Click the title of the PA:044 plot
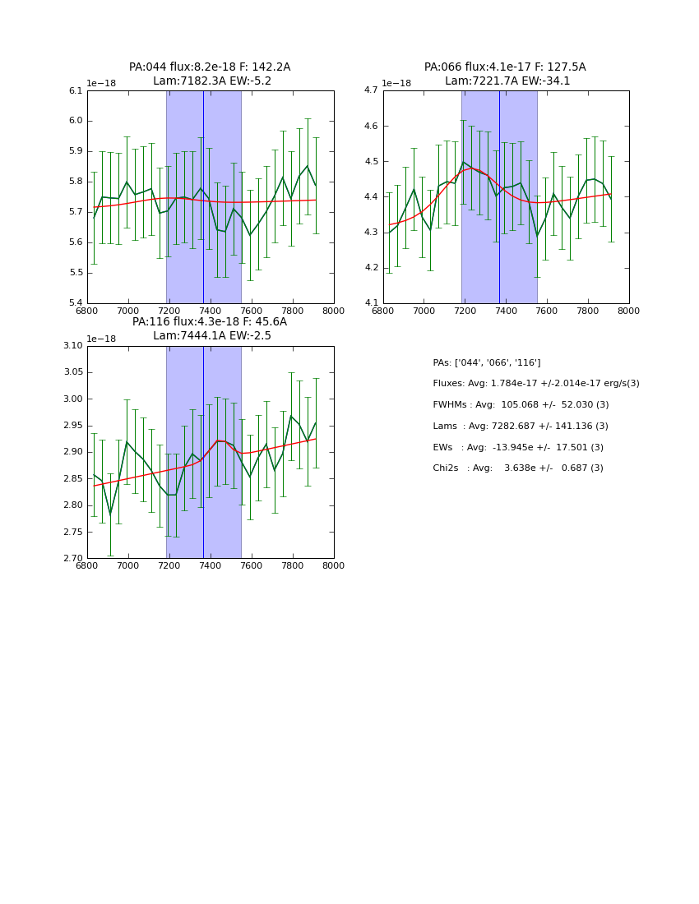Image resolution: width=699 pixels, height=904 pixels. pos(210,74)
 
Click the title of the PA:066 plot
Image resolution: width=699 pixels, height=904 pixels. pos(505,74)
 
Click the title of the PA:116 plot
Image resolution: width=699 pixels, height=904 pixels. pos(210,329)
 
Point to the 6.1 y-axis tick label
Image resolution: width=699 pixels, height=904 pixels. pos(76,91)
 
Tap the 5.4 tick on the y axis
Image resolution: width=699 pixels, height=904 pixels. pos(76,303)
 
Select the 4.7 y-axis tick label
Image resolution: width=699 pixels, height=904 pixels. pos(371,91)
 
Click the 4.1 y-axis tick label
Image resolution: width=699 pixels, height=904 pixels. pos(371,303)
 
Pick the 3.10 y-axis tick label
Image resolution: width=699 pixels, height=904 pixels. pos(72,346)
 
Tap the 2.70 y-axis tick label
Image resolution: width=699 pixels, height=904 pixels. pos(72,559)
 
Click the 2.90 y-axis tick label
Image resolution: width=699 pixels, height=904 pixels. pos(72,453)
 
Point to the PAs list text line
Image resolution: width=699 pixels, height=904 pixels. pos(487,363)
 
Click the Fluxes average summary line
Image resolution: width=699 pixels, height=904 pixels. pos(536,384)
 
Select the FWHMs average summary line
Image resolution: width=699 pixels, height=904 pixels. pos(521,405)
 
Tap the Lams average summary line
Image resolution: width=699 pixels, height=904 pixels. pos(521,427)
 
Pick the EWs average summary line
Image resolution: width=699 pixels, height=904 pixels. pos(518,448)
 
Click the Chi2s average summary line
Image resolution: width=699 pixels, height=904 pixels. pos(518,468)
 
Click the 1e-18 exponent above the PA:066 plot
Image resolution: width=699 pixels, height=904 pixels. pos(396,84)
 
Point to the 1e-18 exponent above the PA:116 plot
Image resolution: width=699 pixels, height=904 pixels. pos(101,339)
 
